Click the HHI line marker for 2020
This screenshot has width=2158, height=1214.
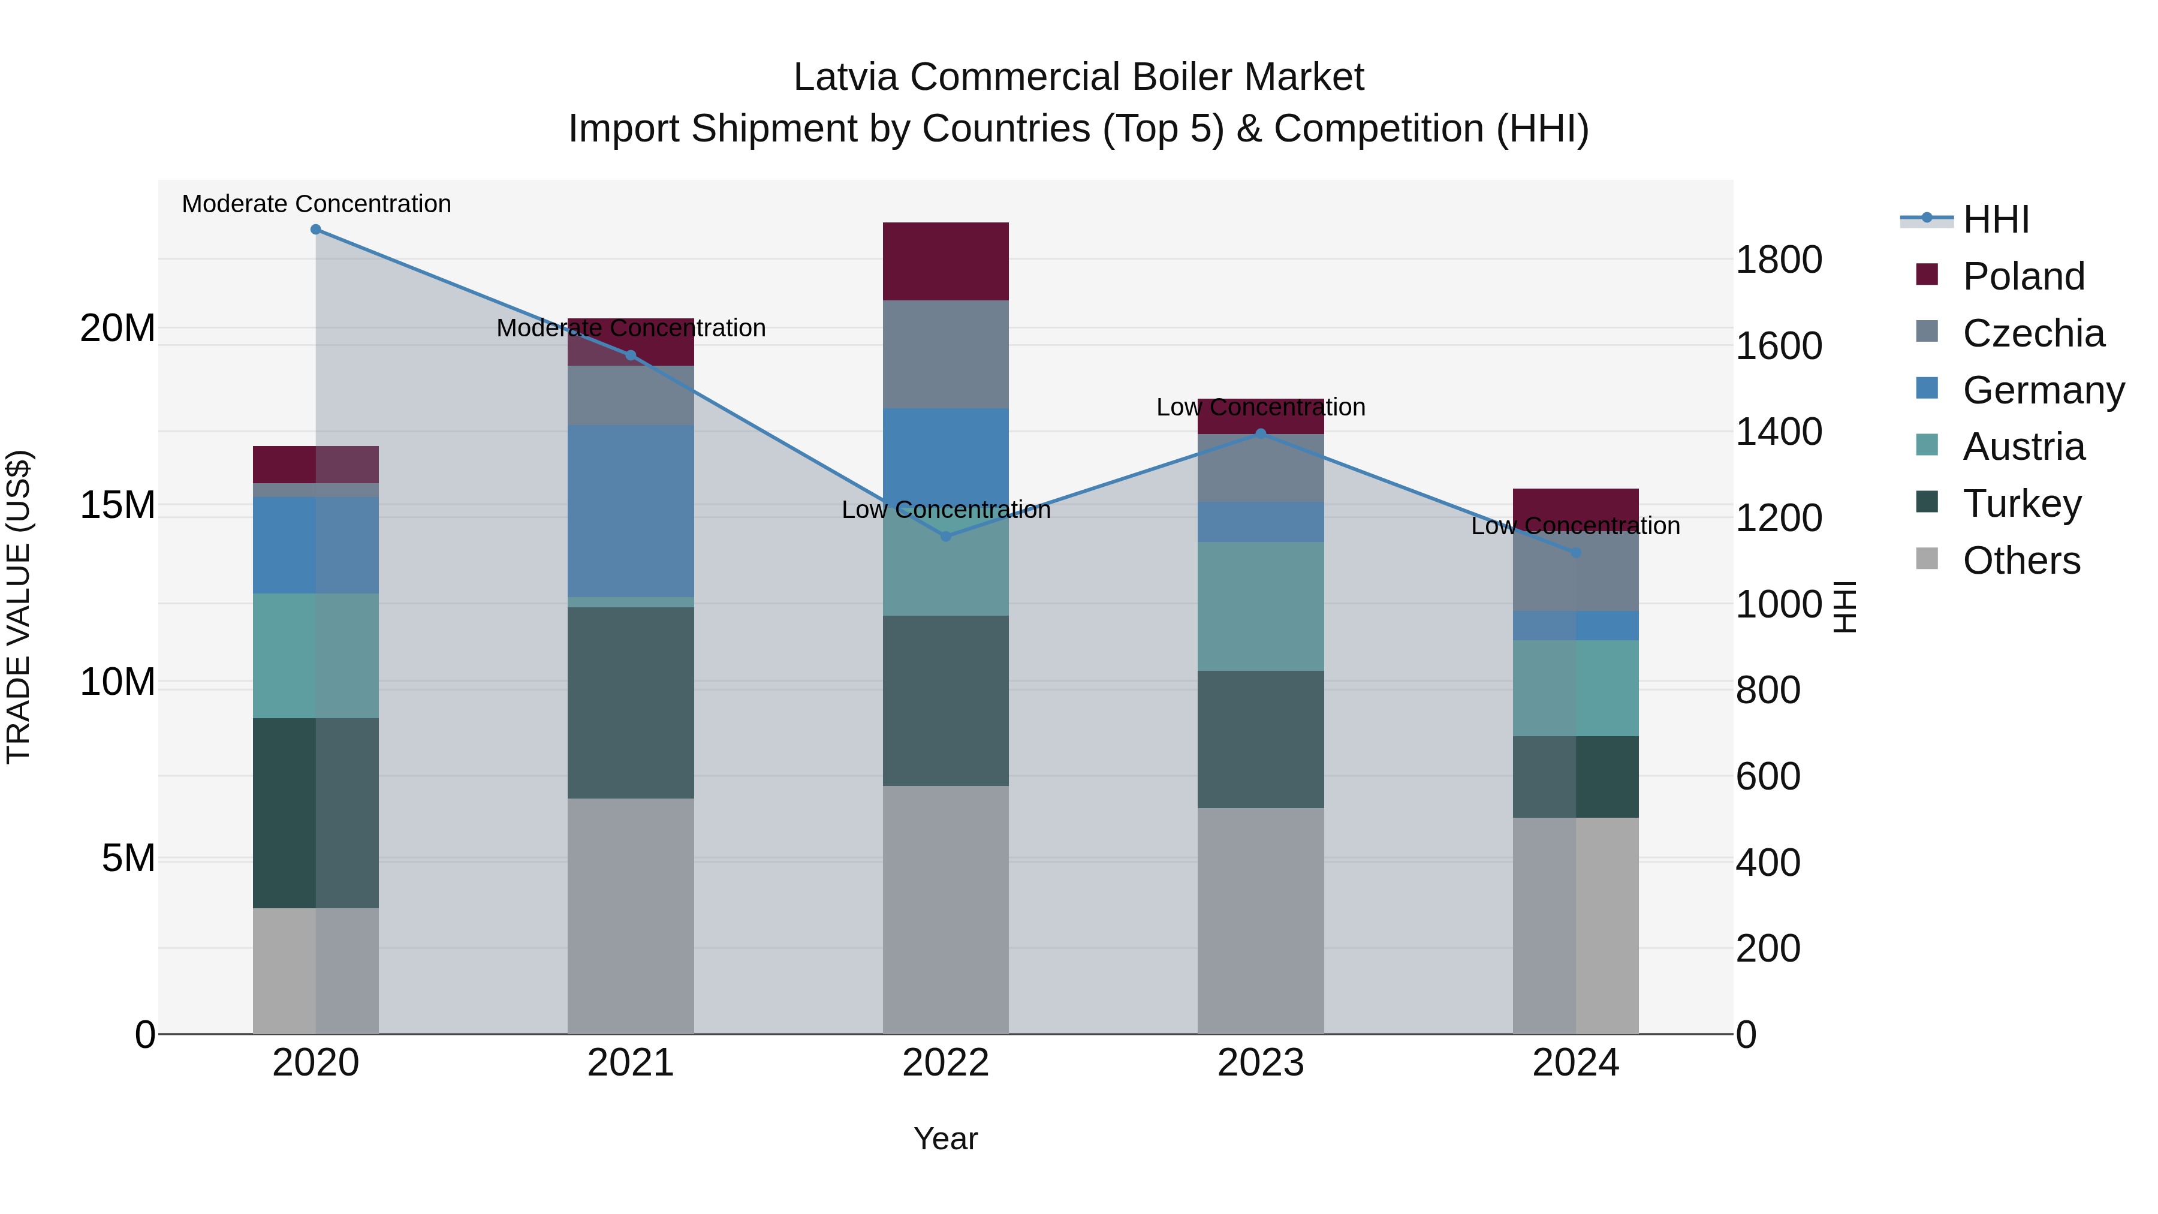(x=316, y=230)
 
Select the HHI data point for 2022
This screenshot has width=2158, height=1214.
(x=946, y=536)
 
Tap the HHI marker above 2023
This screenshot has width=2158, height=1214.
(x=1261, y=433)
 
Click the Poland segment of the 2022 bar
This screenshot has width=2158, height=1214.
(x=946, y=261)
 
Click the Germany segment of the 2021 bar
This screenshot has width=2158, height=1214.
(x=631, y=511)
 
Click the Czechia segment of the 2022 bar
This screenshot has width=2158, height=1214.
(x=946, y=354)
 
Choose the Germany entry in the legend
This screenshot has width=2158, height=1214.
(x=2042, y=390)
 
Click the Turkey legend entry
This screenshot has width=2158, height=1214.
(x=2021, y=504)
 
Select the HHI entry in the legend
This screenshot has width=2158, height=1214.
(x=1996, y=219)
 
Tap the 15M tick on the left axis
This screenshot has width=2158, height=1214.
(x=117, y=505)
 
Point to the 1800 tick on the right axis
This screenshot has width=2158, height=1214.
(x=1778, y=260)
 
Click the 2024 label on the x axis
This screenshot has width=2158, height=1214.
(x=1575, y=1063)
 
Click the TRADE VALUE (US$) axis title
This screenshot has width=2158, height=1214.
(x=19, y=607)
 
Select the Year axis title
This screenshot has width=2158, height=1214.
(x=946, y=1138)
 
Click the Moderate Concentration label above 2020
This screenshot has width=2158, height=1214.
(x=316, y=204)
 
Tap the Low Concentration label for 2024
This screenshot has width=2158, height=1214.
(x=1575, y=526)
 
